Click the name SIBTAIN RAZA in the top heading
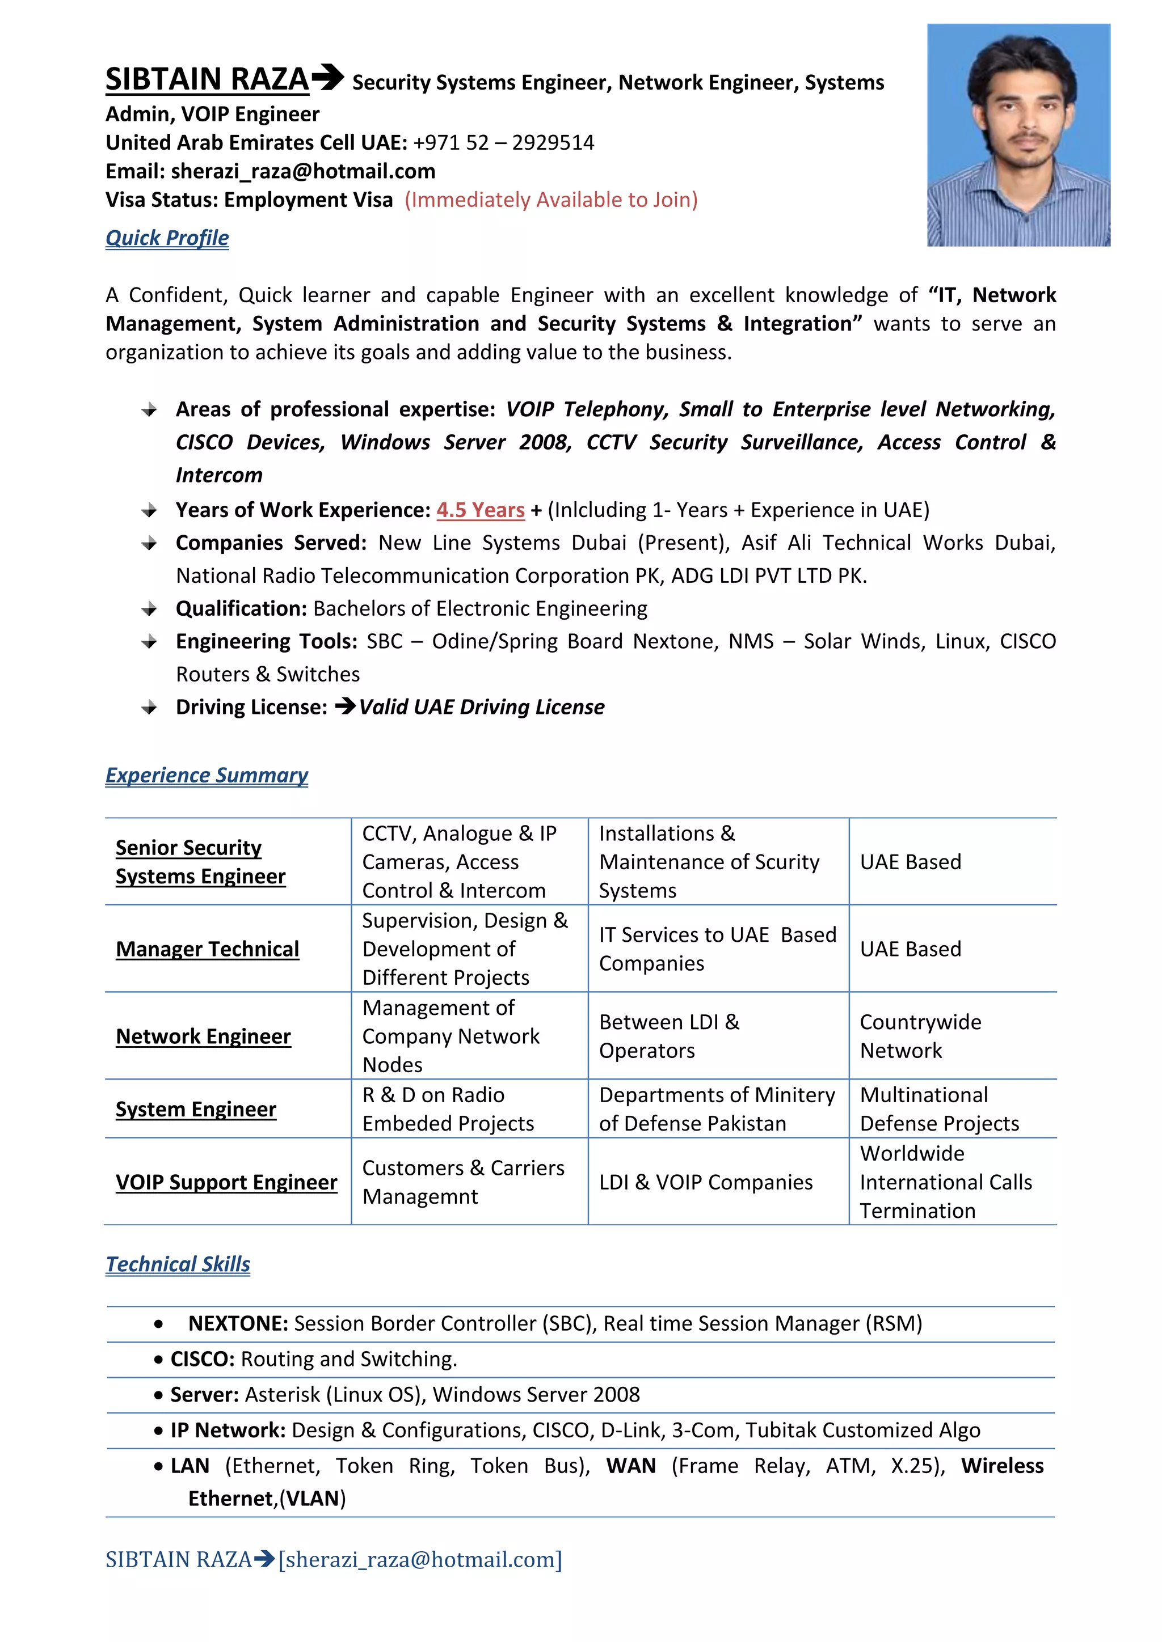point(207,79)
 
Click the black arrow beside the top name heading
point(328,77)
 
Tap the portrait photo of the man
point(1018,135)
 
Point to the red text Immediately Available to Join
point(551,200)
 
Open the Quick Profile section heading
point(167,238)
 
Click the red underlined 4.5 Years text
point(480,510)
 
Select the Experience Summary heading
point(207,775)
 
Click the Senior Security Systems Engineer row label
point(200,862)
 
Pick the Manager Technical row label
point(208,949)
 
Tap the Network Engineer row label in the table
point(203,1036)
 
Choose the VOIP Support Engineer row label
point(226,1182)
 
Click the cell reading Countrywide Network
point(920,1036)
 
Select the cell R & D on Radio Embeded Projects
point(448,1109)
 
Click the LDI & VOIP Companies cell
point(705,1182)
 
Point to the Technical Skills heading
point(178,1264)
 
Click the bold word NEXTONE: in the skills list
point(238,1324)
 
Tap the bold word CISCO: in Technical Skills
point(203,1359)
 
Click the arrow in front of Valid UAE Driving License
point(345,706)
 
